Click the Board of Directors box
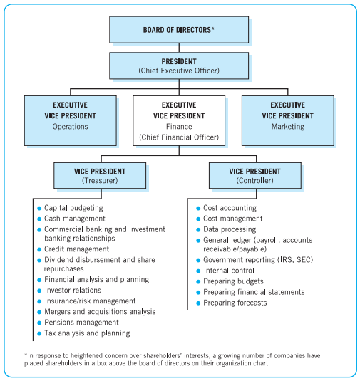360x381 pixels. [178, 29]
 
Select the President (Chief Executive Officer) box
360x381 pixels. [178, 66]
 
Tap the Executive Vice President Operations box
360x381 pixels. [69, 115]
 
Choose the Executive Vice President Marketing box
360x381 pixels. [287, 115]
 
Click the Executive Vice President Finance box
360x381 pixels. [178, 121]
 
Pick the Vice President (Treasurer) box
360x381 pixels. [99, 176]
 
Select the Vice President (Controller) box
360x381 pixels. [254, 176]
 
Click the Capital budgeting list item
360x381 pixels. [73, 208]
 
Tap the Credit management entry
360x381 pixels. [77, 250]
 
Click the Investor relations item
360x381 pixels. [73, 291]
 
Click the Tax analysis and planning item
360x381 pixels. [87, 333]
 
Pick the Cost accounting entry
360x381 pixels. [230, 208]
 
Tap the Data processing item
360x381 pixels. [230, 229]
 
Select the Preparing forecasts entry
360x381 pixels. [235, 303]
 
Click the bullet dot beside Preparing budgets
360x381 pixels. [197, 282]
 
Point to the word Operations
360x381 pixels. [69, 127]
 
